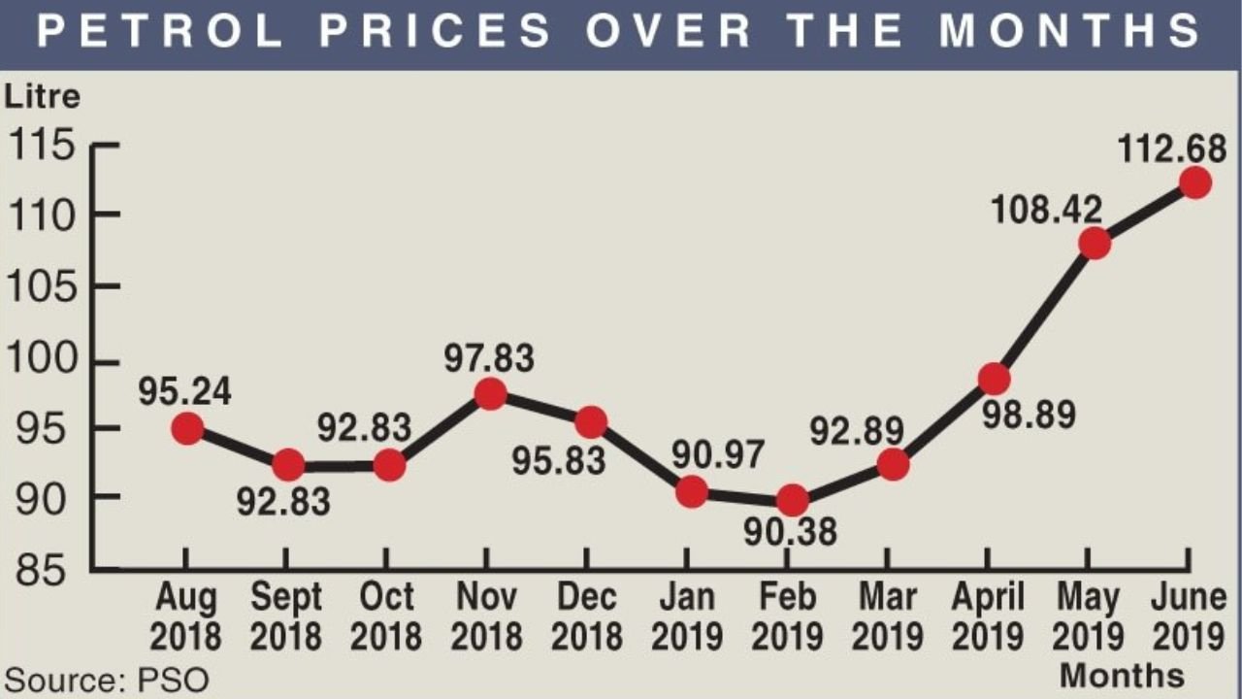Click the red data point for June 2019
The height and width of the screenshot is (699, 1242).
(x=1194, y=183)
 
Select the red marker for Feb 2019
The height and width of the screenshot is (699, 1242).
(x=793, y=500)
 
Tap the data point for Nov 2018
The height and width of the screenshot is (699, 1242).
(x=492, y=393)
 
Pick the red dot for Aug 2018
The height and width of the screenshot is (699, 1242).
(x=187, y=427)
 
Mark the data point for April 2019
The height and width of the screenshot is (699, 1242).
(x=994, y=378)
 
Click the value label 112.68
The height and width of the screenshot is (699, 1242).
(x=1172, y=149)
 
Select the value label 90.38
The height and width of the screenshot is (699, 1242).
(x=792, y=532)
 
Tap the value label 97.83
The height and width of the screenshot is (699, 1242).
(x=490, y=358)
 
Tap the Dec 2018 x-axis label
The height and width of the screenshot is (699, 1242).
(x=586, y=617)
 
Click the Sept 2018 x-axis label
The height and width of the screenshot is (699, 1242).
(x=286, y=617)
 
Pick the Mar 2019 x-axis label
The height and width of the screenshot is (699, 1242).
(x=887, y=617)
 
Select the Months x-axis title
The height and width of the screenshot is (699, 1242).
(x=1121, y=675)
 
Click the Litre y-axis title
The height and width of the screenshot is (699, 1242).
(x=43, y=97)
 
